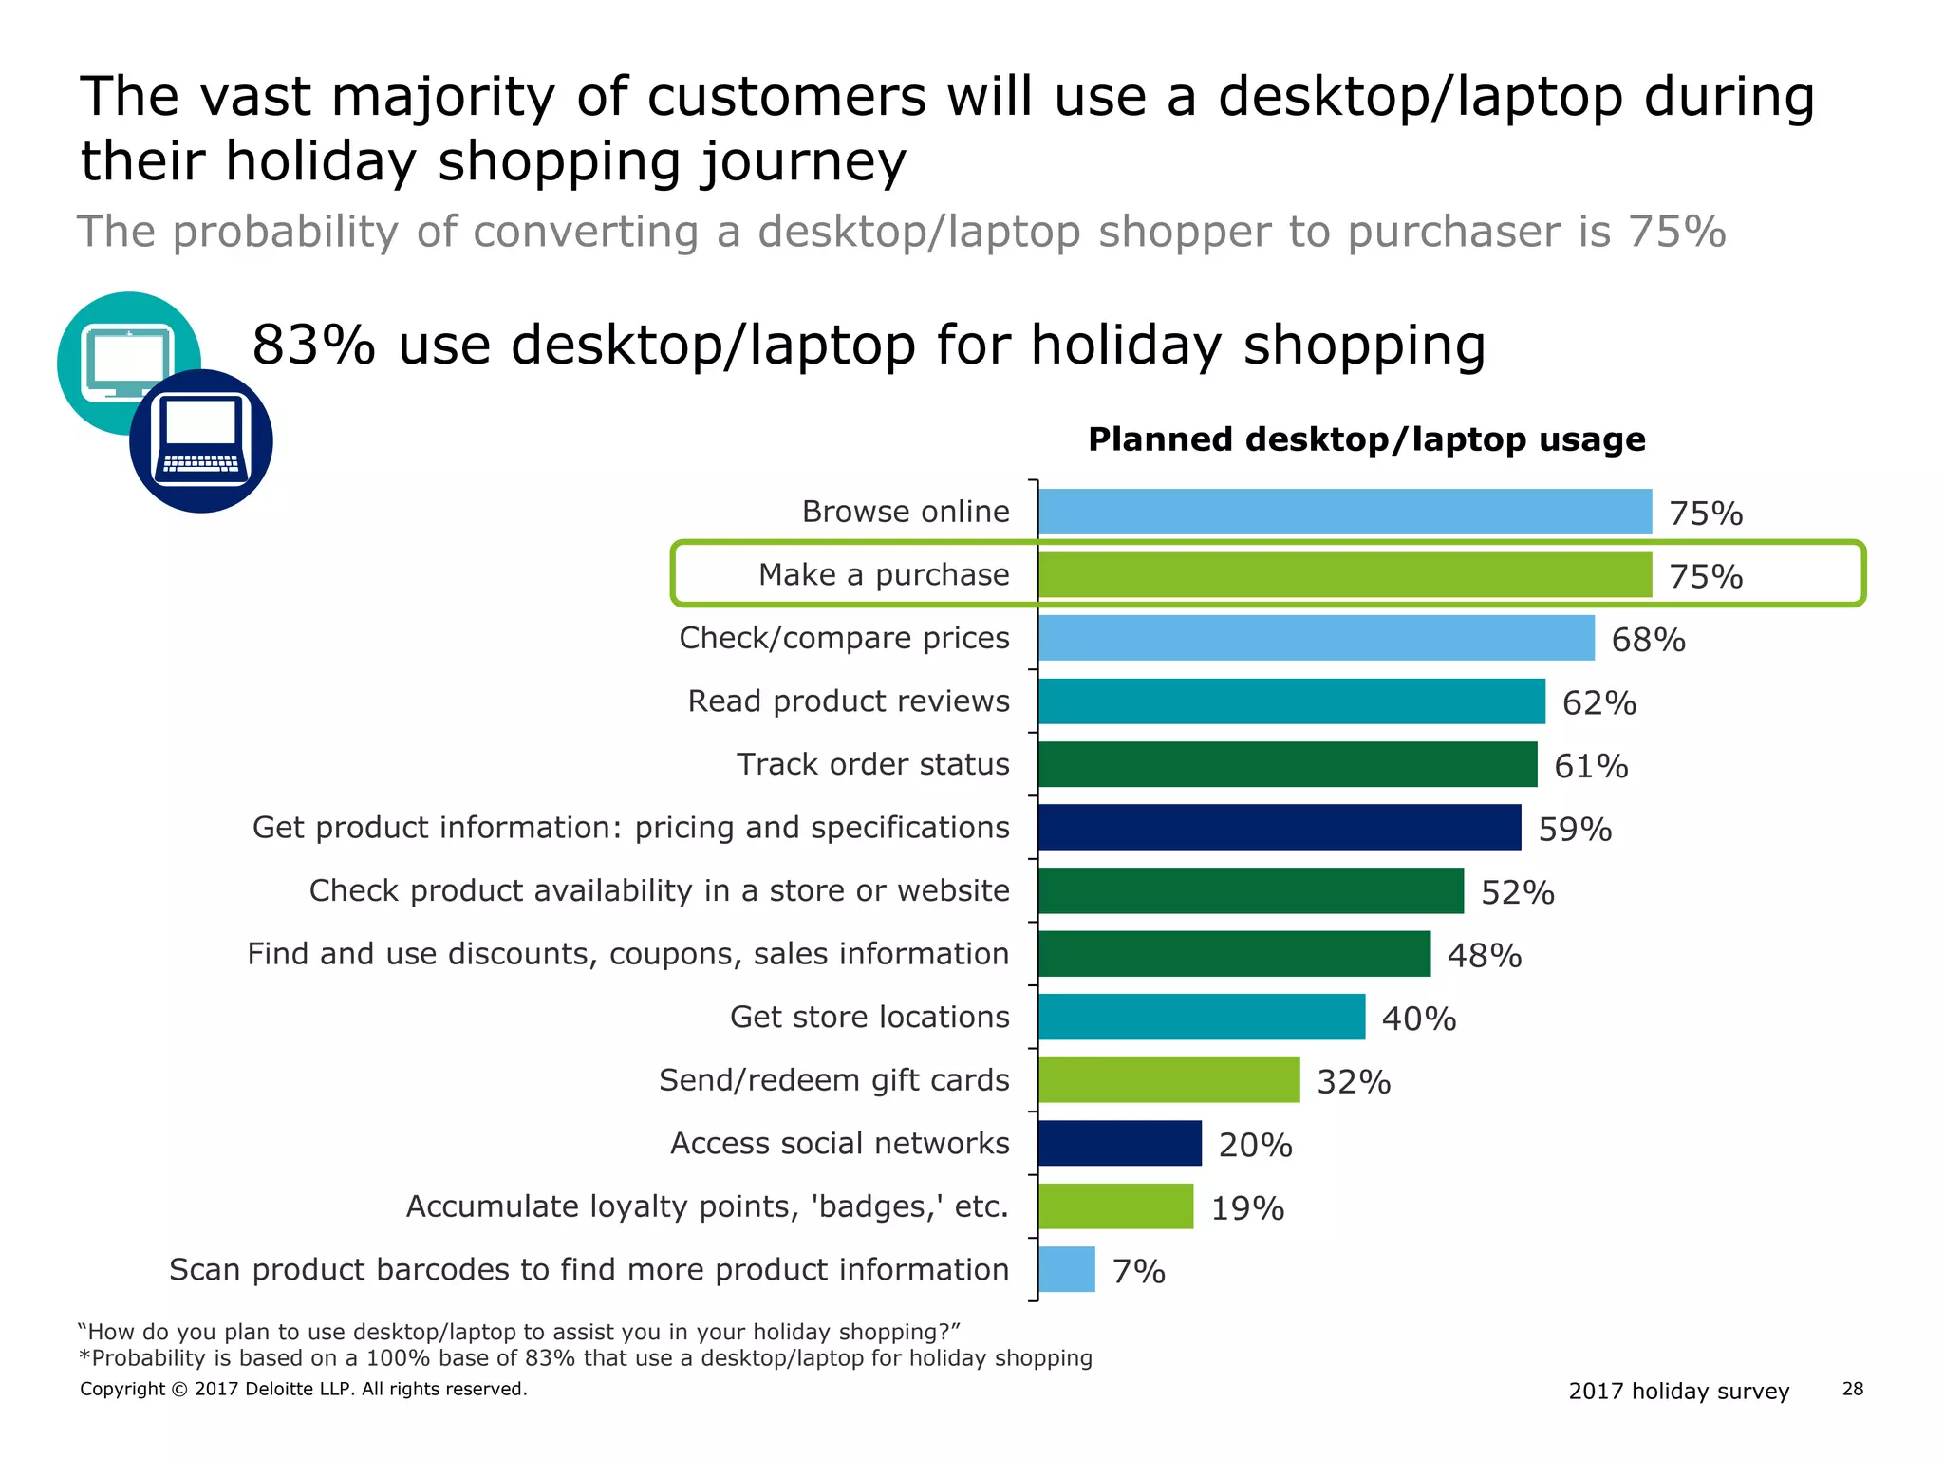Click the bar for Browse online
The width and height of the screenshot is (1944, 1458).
[1344, 512]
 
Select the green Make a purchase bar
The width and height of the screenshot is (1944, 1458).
[1344, 574]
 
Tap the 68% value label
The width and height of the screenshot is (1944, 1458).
[1648, 640]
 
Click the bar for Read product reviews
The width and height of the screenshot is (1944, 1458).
[1291, 701]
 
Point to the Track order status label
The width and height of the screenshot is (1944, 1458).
[872, 764]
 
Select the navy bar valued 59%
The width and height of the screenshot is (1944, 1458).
[1279, 827]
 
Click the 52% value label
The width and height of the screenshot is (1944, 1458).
[1517, 892]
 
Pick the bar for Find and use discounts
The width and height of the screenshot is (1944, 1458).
[1234, 954]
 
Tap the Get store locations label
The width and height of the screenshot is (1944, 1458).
[869, 1017]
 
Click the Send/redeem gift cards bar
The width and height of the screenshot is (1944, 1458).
[1168, 1080]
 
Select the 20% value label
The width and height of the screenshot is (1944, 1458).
[1255, 1145]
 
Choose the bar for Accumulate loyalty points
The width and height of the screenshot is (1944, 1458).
[1115, 1206]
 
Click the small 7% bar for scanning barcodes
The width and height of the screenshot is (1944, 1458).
[1067, 1270]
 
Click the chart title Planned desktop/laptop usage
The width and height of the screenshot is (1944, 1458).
[1366, 439]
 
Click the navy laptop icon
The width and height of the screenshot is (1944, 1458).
[201, 441]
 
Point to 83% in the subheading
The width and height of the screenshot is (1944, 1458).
[313, 345]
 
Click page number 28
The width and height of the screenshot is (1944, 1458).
[1852, 1389]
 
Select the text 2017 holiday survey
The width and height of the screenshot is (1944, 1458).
[1678, 1391]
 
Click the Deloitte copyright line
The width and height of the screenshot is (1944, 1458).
[303, 1389]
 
